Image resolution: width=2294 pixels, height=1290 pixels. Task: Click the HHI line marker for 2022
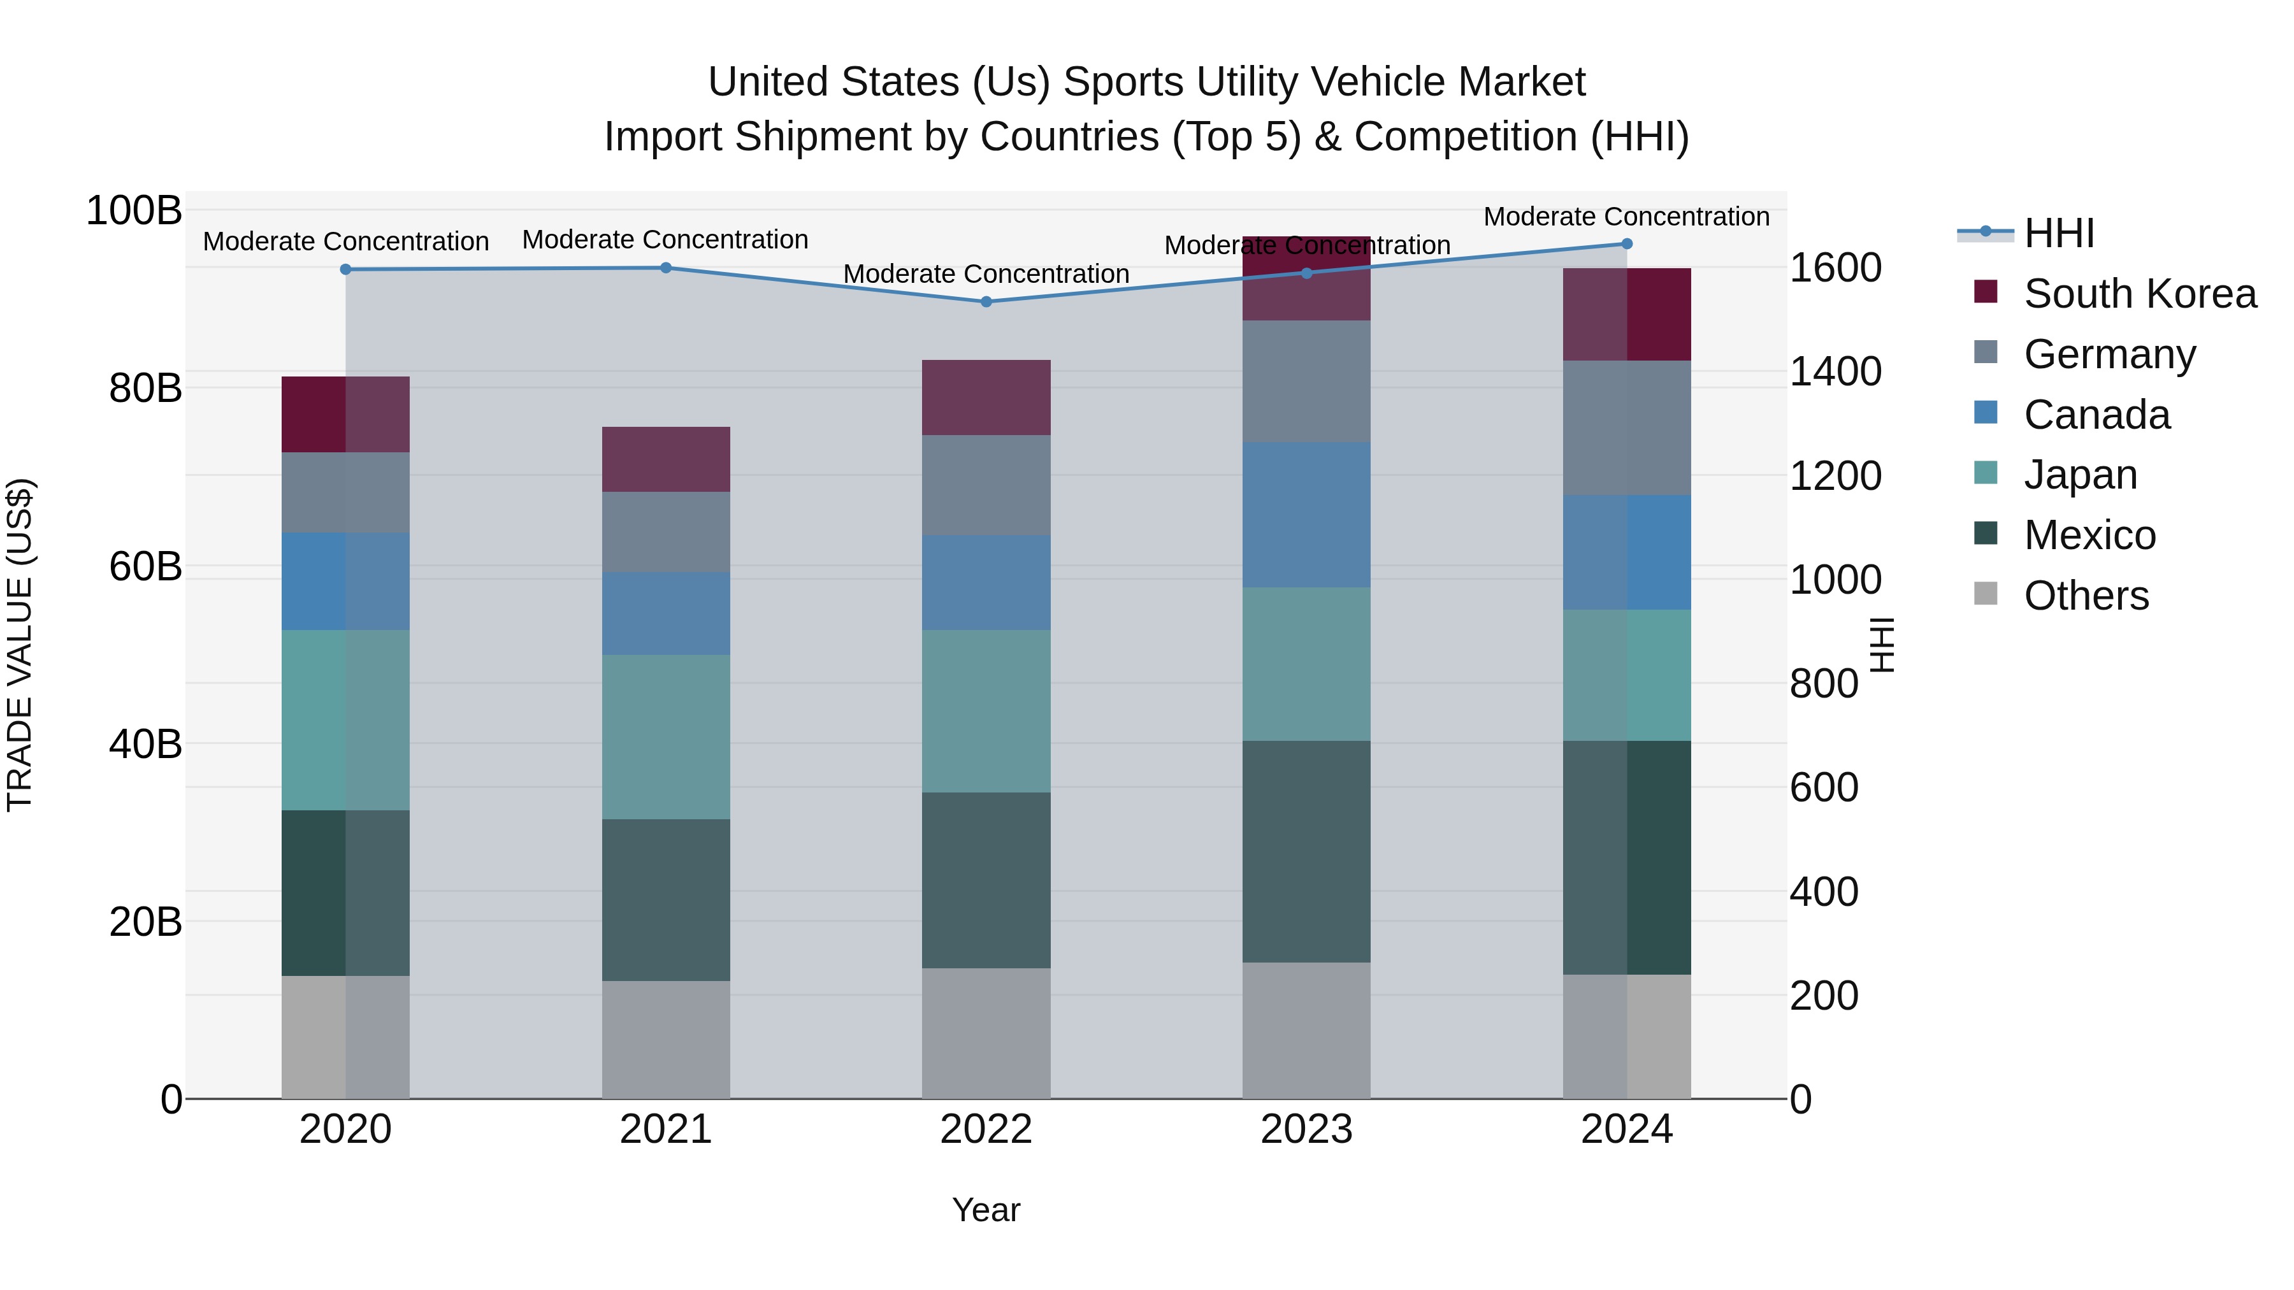[x=986, y=302]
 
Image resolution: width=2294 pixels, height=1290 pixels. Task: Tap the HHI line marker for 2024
[x=1626, y=244]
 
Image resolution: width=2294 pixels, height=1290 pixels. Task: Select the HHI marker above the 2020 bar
[x=345, y=269]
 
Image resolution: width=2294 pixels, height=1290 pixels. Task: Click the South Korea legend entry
[x=2139, y=294]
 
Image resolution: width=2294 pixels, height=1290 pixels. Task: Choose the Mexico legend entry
[x=2089, y=535]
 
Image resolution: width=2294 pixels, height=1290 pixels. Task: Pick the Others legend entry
[x=2086, y=596]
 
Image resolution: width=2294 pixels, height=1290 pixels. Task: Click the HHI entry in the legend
[x=2058, y=233]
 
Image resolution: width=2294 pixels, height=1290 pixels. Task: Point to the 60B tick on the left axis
[x=145, y=566]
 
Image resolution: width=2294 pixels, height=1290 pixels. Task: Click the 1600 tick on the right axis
[x=1835, y=268]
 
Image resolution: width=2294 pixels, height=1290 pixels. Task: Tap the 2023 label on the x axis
[x=1306, y=1129]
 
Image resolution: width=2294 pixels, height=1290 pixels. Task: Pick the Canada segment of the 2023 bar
[x=1306, y=515]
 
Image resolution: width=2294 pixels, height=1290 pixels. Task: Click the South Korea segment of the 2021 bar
[x=665, y=459]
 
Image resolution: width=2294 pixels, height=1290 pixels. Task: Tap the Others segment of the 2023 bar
[x=1306, y=1030]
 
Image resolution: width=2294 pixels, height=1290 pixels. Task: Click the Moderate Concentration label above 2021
[x=665, y=240]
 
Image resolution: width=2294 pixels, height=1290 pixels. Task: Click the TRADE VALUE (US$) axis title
[x=20, y=645]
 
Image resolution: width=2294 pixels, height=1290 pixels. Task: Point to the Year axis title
[x=986, y=1210]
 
